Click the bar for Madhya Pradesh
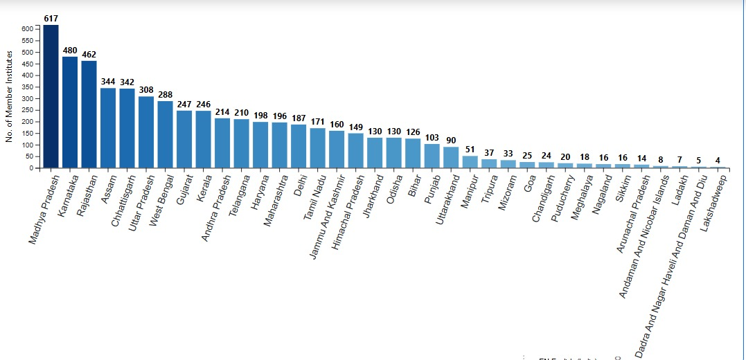[51, 96]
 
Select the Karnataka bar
[70, 112]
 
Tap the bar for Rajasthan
[89, 114]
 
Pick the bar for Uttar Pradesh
[146, 132]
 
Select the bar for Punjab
[432, 156]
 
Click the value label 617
[51, 18]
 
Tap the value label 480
[70, 50]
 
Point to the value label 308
[146, 90]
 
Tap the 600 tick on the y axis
[27, 29]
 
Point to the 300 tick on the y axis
[27, 98]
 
